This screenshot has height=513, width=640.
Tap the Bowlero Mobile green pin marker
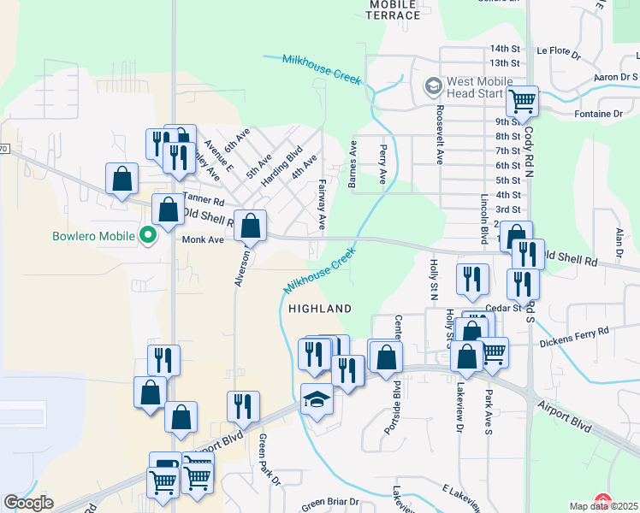click(147, 233)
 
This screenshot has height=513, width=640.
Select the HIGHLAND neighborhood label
click(319, 308)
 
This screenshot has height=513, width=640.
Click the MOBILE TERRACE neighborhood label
click(394, 10)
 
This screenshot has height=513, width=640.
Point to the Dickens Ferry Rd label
click(574, 331)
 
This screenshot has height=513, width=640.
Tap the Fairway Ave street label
click(323, 204)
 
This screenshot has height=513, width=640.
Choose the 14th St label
click(505, 49)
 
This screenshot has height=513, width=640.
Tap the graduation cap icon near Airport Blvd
click(317, 398)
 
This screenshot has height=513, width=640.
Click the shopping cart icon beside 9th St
click(521, 102)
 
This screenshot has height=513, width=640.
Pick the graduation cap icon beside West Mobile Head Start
click(434, 86)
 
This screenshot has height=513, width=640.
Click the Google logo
click(28, 503)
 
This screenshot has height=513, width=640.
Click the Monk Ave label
click(203, 240)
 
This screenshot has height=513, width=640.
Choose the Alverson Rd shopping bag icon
click(250, 226)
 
